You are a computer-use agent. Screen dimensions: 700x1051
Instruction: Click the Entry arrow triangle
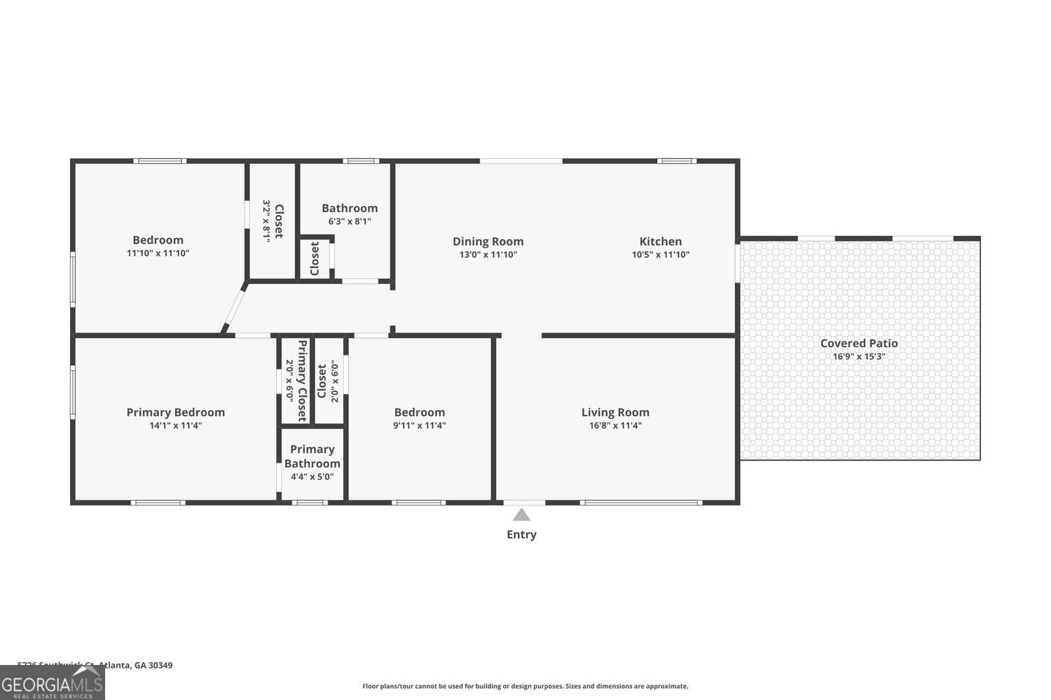pyautogui.click(x=521, y=515)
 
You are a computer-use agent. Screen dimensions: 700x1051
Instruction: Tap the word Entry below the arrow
pyautogui.click(x=521, y=535)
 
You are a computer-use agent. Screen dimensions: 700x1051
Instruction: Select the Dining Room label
pyautogui.click(x=488, y=241)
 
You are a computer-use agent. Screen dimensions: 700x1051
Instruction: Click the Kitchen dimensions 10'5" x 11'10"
pyautogui.click(x=660, y=255)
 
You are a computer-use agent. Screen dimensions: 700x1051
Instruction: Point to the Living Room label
pyautogui.click(x=615, y=412)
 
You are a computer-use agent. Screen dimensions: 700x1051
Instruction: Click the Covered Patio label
pyautogui.click(x=858, y=343)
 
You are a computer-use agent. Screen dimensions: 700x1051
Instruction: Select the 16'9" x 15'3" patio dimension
pyautogui.click(x=858, y=356)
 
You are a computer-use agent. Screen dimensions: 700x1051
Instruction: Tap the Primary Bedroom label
pyautogui.click(x=175, y=412)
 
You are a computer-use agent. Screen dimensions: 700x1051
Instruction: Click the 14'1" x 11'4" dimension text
pyautogui.click(x=175, y=426)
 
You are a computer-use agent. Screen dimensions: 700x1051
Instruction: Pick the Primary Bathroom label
pyautogui.click(x=312, y=456)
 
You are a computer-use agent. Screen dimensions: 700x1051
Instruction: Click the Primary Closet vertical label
pyautogui.click(x=303, y=381)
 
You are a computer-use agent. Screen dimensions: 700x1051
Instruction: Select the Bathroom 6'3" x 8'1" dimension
pyautogui.click(x=349, y=221)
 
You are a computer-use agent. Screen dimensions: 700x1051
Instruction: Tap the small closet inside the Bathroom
pyautogui.click(x=315, y=259)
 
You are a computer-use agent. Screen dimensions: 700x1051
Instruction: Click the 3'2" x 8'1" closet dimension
pyautogui.click(x=266, y=220)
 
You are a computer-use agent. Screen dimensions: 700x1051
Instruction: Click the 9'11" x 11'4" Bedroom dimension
pyautogui.click(x=419, y=426)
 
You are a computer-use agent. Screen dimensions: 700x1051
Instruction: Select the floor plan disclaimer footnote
pyautogui.click(x=525, y=686)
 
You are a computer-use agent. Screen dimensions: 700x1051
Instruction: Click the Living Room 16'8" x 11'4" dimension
pyautogui.click(x=615, y=426)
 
